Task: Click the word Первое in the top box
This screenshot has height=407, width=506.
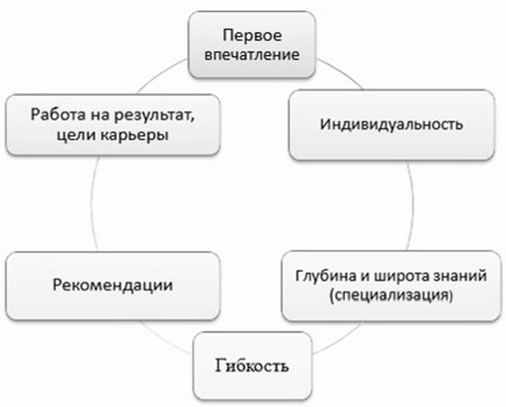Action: pos(252,36)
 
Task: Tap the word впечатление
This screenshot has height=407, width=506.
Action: pos(252,54)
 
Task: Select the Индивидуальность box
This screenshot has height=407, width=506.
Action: pos(391,125)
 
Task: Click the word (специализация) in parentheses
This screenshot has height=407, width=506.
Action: pos(390,295)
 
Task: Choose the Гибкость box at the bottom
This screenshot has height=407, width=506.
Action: pos(253,366)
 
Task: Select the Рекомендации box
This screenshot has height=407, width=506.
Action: pos(113,286)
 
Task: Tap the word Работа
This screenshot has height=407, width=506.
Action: pos(58,115)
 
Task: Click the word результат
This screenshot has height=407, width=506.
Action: pos(154,115)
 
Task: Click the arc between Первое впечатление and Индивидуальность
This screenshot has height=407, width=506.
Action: pos(341,71)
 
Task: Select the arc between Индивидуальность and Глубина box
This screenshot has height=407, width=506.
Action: pos(411,206)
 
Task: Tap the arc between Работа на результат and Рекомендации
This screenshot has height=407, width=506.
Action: pos(93,204)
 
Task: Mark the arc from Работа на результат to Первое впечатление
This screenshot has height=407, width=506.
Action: pos(162,74)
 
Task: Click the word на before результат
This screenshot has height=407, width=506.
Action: pos(100,115)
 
